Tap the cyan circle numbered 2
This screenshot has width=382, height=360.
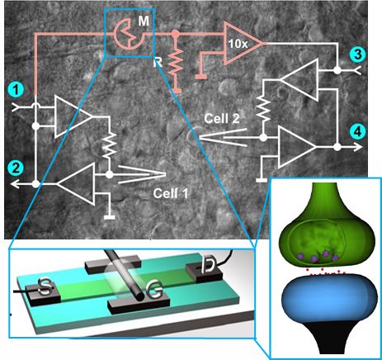pyautogui.click(x=16, y=168)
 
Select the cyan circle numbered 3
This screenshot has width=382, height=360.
pyautogui.click(x=357, y=54)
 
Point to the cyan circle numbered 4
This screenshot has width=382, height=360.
pyautogui.click(x=357, y=132)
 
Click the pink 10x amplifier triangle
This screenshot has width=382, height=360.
pyautogui.click(x=238, y=43)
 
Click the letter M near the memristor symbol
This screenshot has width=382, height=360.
pyautogui.click(x=144, y=21)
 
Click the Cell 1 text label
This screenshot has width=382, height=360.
pyautogui.click(x=171, y=193)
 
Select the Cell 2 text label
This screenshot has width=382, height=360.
pyautogui.click(x=222, y=119)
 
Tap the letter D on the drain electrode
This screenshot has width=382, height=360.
pyautogui.click(x=208, y=265)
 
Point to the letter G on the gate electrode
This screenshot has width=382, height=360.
pyautogui.click(x=156, y=292)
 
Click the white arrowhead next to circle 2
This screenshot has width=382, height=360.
pyautogui.click(x=16, y=183)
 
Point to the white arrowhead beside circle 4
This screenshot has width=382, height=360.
pyautogui.click(x=358, y=147)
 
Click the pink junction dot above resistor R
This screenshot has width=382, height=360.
pyautogui.click(x=175, y=34)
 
